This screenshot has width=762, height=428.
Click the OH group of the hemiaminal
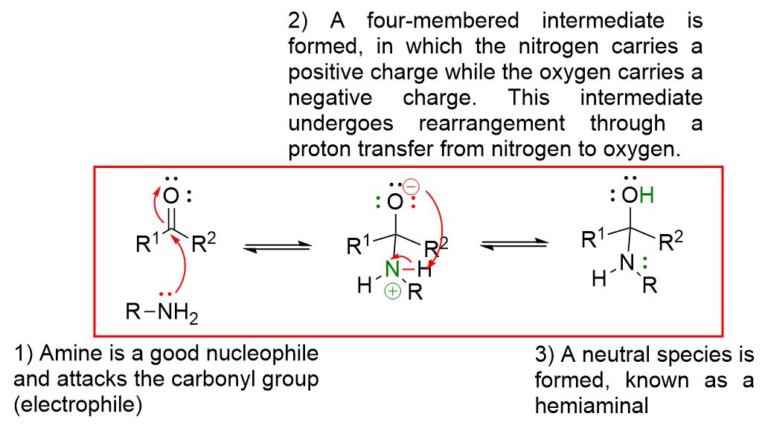(x=639, y=196)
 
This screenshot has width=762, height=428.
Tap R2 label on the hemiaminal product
(x=673, y=239)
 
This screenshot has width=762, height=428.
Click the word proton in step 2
(x=322, y=149)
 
